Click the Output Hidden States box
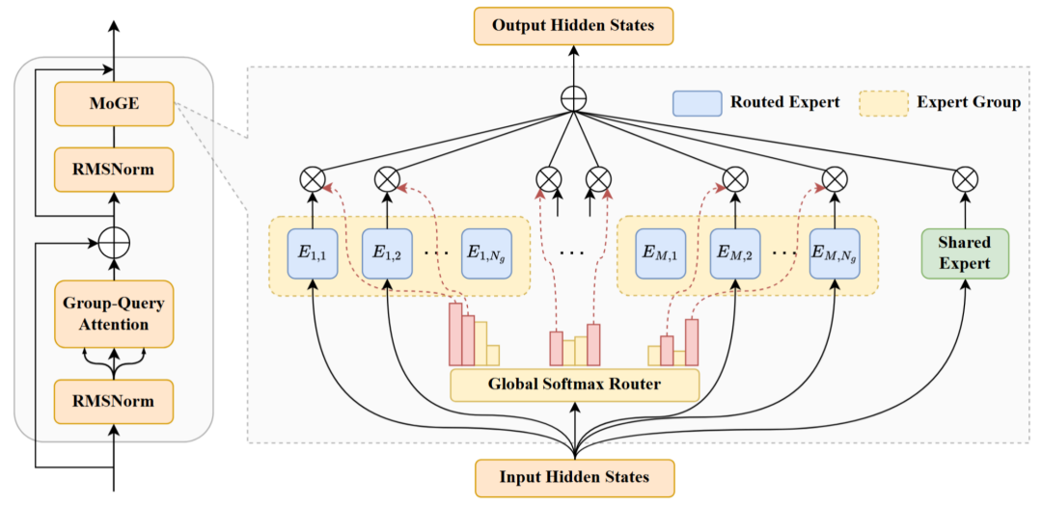574,25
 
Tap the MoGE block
114,103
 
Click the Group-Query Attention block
114,314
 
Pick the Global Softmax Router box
574,385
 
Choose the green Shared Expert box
964,253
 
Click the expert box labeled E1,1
313,253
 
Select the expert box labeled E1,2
386,253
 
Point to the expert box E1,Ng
485,253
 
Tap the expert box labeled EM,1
661,253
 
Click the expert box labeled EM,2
735,253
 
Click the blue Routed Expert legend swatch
697,103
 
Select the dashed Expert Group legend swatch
883,103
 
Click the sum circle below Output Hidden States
574,97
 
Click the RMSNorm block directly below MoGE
114,170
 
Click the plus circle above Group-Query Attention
114,241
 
